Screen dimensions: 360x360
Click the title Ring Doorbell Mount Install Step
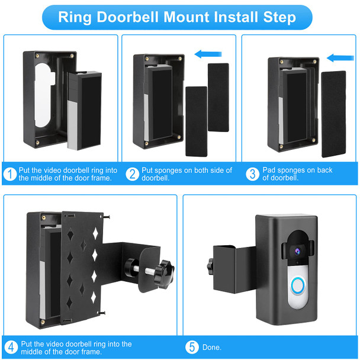tap(177, 17)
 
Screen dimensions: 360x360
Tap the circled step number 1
tap(10, 174)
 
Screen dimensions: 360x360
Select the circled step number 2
tap(133, 174)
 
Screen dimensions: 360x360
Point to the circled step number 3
tap(253, 174)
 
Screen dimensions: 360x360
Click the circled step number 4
tap(11, 347)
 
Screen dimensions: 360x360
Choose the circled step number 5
tap(193, 347)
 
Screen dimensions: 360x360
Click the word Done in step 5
tap(211, 348)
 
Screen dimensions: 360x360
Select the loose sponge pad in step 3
tap(333, 112)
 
